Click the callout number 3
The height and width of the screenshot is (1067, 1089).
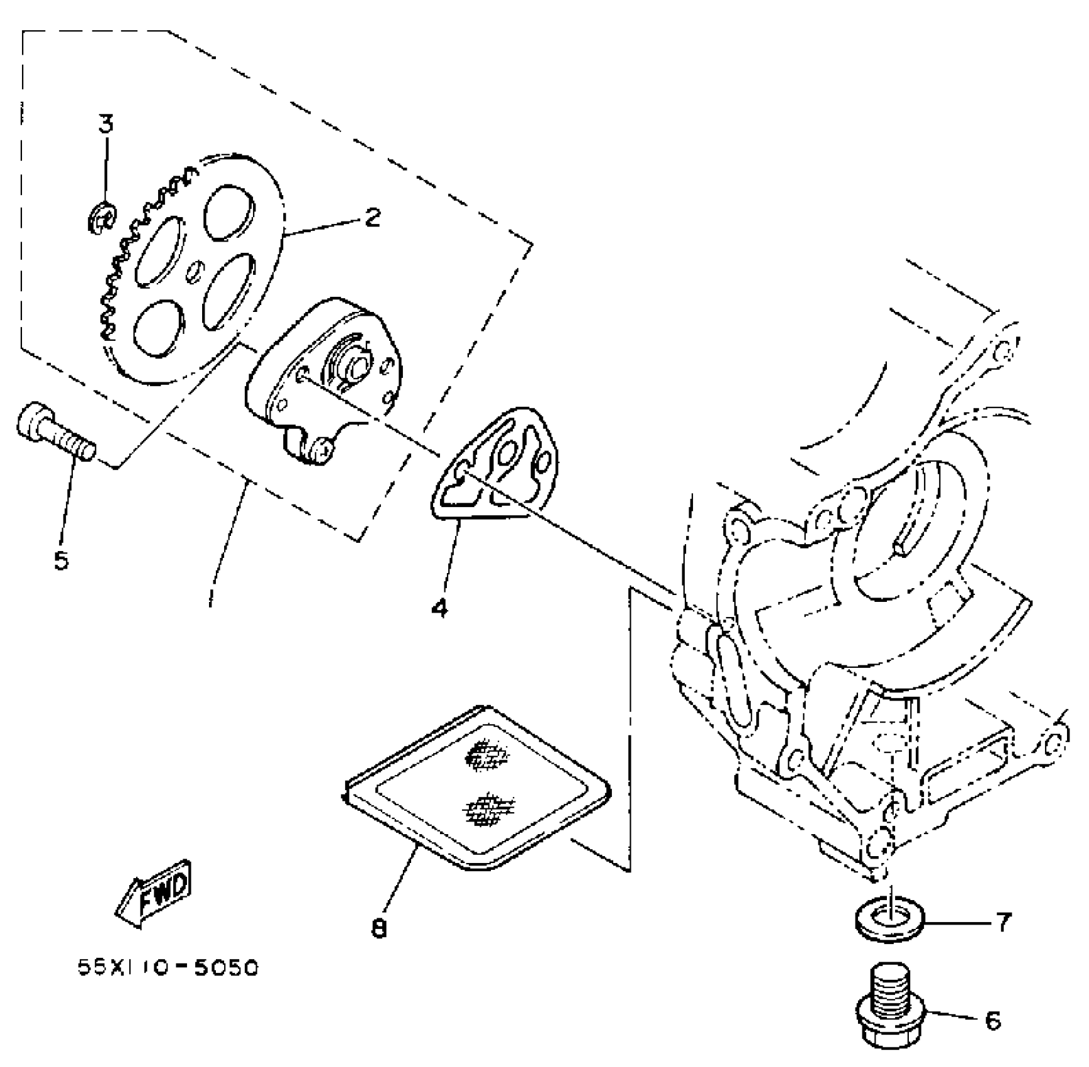click(106, 124)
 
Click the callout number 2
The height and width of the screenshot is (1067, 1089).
click(372, 218)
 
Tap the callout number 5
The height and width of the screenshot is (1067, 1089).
click(61, 560)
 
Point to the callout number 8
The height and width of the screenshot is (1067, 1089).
click(378, 928)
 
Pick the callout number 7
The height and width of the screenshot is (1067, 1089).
click(1004, 922)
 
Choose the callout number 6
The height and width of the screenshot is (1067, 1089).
click(992, 1021)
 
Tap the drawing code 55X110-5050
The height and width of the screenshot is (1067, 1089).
click(168, 968)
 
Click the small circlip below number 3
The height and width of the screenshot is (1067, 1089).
click(102, 218)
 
